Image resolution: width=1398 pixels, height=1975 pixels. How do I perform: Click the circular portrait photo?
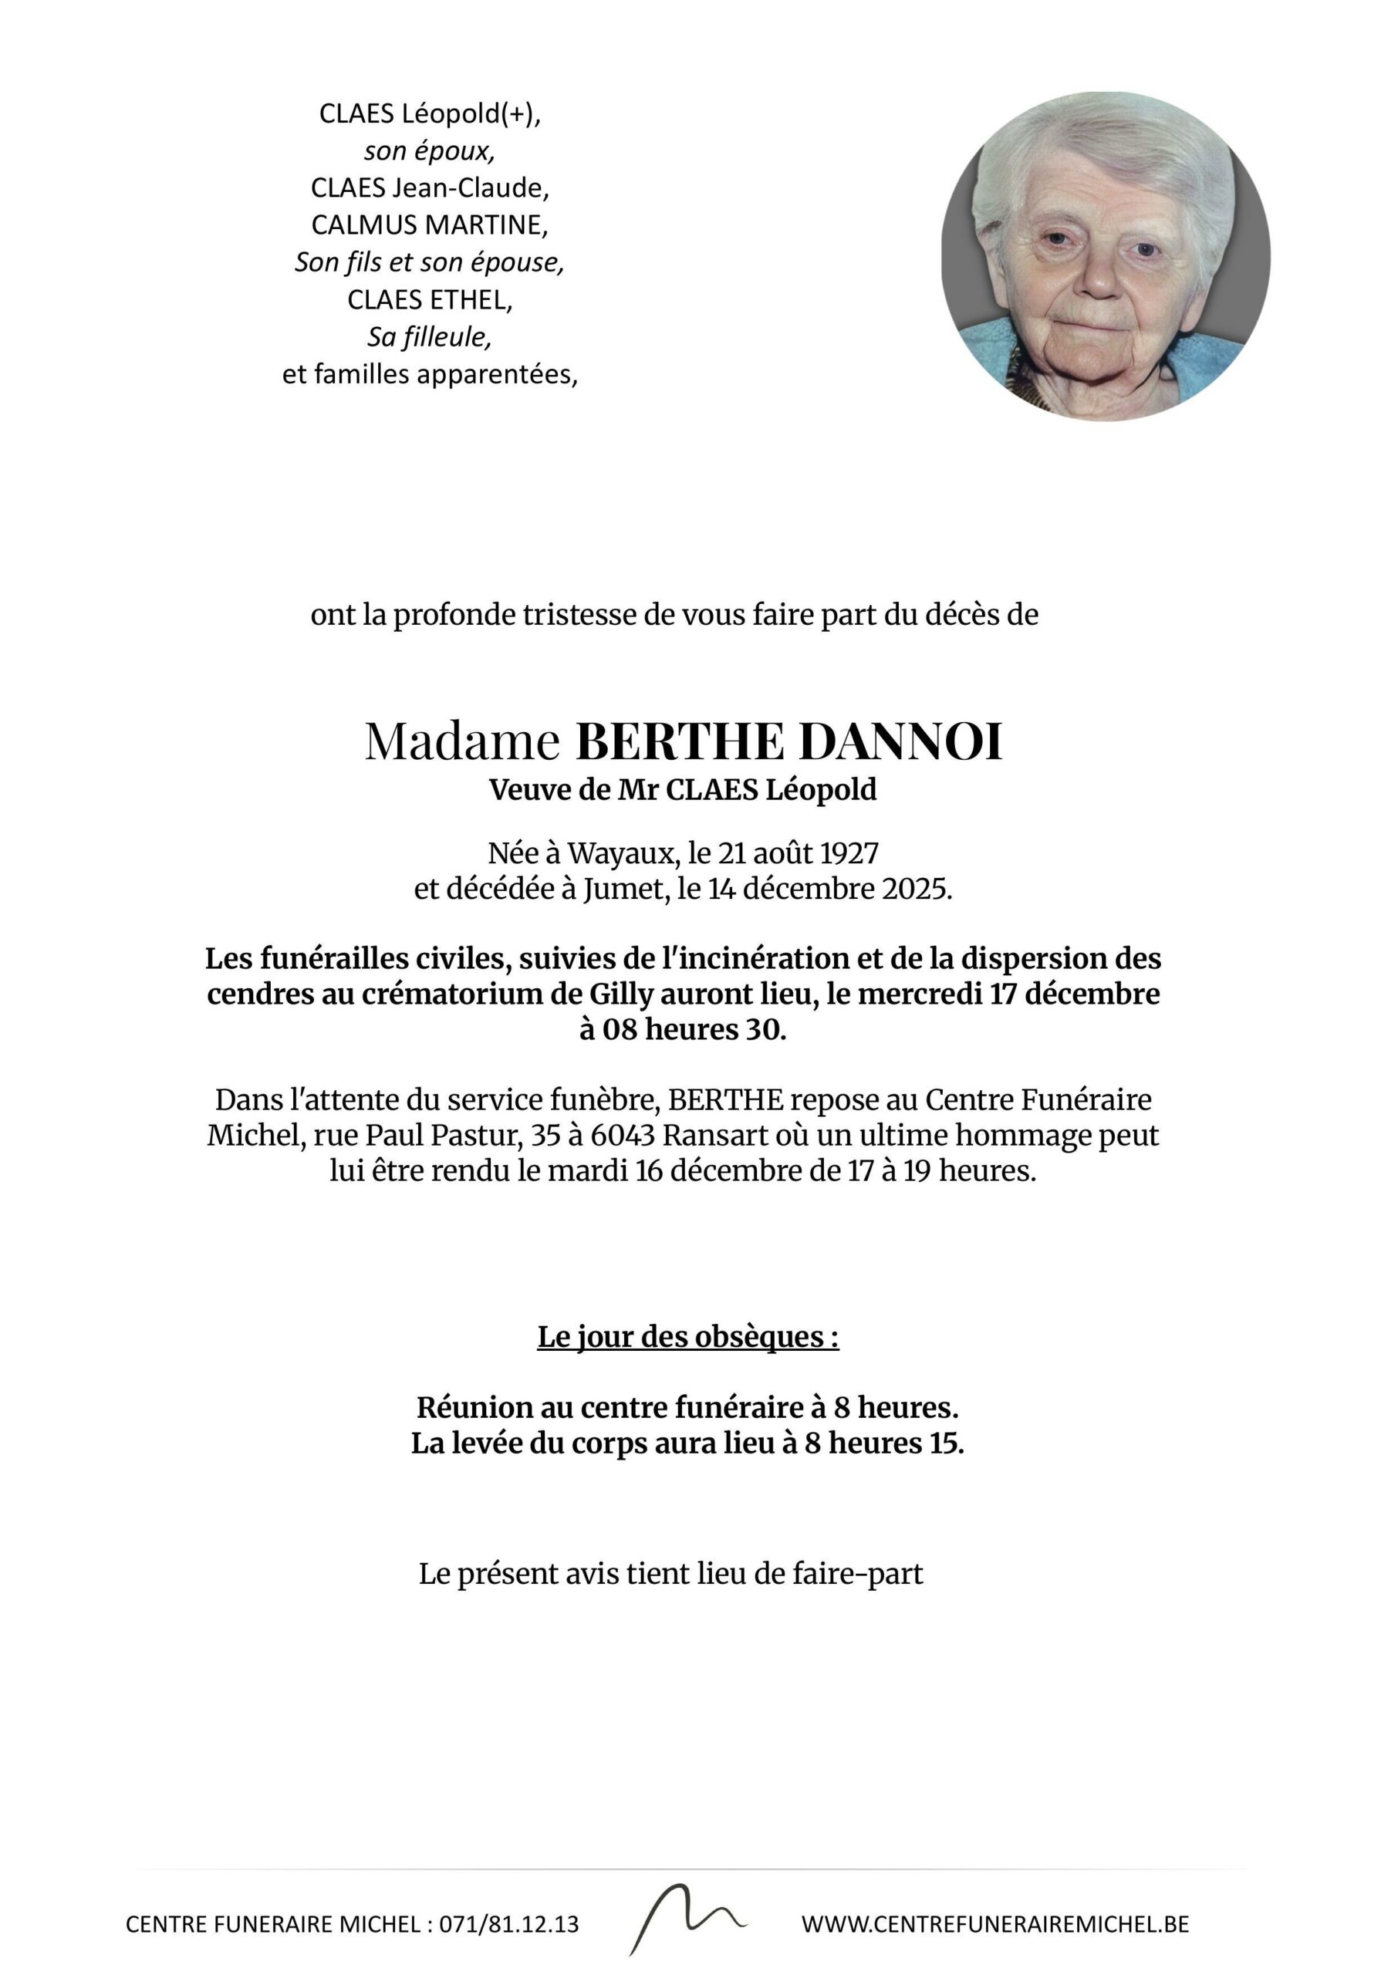click(1106, 256)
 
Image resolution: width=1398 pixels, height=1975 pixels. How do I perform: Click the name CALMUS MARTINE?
click(430, 225)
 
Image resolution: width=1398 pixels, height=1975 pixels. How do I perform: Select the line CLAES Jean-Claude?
click(430, 187)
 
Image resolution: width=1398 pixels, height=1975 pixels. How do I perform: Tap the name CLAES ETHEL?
click(430, 299)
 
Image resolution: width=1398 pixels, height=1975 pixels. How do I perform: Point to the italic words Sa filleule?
click(430, 336)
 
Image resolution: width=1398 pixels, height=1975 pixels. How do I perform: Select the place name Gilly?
click(620, 994)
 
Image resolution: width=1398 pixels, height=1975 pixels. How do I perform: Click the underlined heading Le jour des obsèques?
click(687, 1337)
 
